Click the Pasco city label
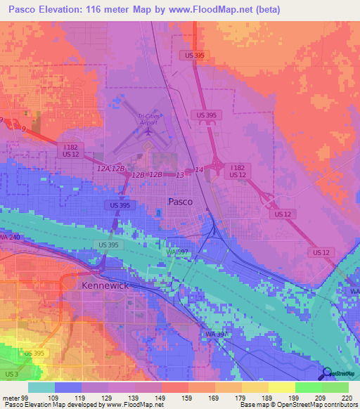(181, 201)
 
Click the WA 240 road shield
(9, 238)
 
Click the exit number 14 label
(199, 169)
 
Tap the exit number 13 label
(180, 174)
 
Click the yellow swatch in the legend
(282, 387)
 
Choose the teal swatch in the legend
(41, 387)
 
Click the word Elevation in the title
(63, 10)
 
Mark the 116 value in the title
(108, 10)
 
